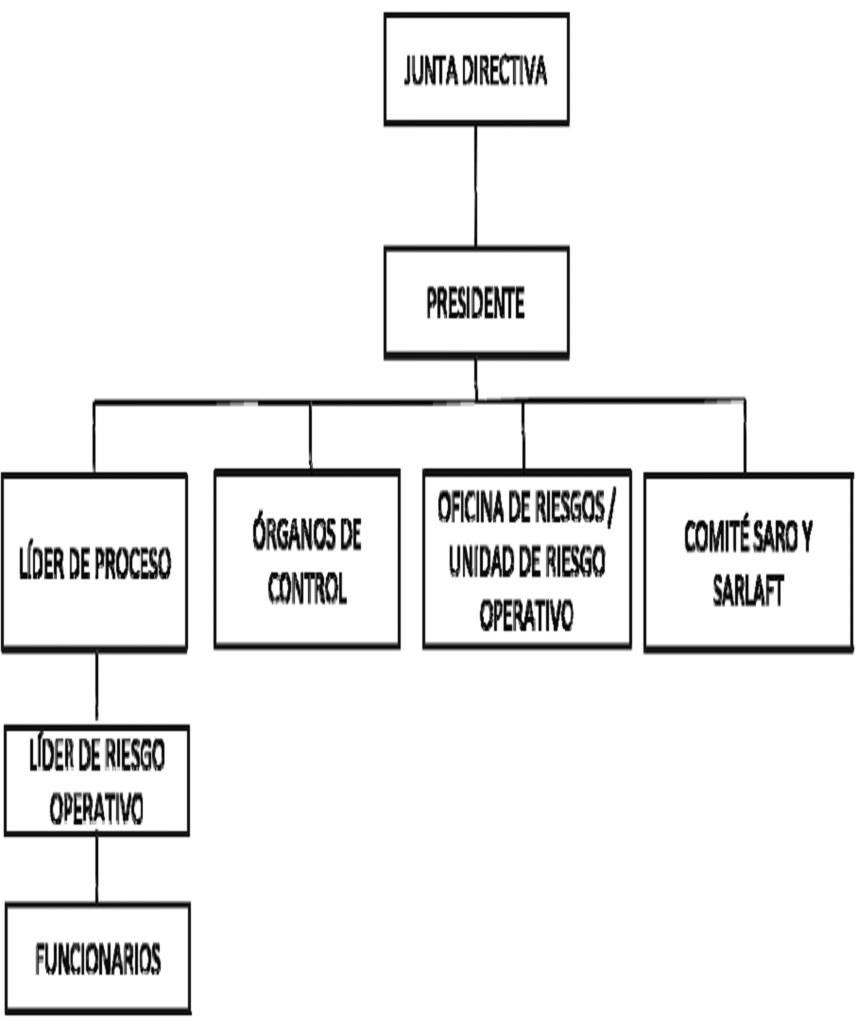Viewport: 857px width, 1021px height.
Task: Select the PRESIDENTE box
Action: [x=476, y=303]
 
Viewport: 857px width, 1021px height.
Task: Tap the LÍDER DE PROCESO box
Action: [x=94, y=562]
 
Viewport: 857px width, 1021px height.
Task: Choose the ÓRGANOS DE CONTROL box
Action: [x=307, y=559]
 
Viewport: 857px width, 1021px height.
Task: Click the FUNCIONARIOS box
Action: [x=97, y=959]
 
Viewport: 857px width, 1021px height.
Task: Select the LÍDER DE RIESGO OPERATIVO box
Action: [x=96, y=780]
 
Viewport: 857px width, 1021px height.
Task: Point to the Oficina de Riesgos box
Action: [x=526, y=559]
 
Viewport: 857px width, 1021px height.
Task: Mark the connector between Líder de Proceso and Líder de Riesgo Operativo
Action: [x=96, y=688]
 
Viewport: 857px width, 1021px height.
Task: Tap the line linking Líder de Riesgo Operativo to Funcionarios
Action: [x=96, y=869]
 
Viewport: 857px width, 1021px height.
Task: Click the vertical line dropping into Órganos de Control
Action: [x=310, y=436]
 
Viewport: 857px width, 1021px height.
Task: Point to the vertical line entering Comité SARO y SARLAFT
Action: [x=745, y=436]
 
